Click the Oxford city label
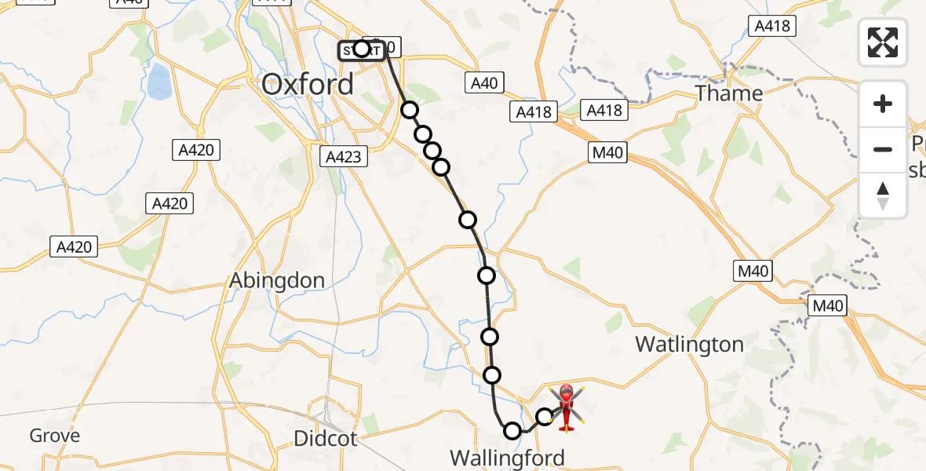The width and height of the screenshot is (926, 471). click(x=308, y=84)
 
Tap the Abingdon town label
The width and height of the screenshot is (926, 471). click(x=277, y=280)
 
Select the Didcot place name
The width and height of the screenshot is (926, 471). click(x=326, y=438)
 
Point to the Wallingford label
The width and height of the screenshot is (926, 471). click(x=507, y=458)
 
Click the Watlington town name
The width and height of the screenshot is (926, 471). click(x=689, y=344)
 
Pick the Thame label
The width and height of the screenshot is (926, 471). click(x=730, y=93)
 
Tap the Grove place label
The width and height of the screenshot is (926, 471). click(x=55, y=436)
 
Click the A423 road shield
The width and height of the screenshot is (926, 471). click(x=343, y=157)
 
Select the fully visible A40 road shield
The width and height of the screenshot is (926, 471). click(x=484, y=82)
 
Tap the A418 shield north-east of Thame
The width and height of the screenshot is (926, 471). click(x=772, y=26)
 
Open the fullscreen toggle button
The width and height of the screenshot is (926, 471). click(x=883, y=42)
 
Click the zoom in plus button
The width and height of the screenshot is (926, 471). click(x=883, y=104)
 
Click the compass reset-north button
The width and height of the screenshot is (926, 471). click(x=883, y=195)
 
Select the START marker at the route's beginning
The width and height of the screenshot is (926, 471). click(x=362, y=50)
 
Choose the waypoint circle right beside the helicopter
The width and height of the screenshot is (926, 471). click(x=545, y=417)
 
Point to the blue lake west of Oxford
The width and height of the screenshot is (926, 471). click(x=159, y=79)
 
